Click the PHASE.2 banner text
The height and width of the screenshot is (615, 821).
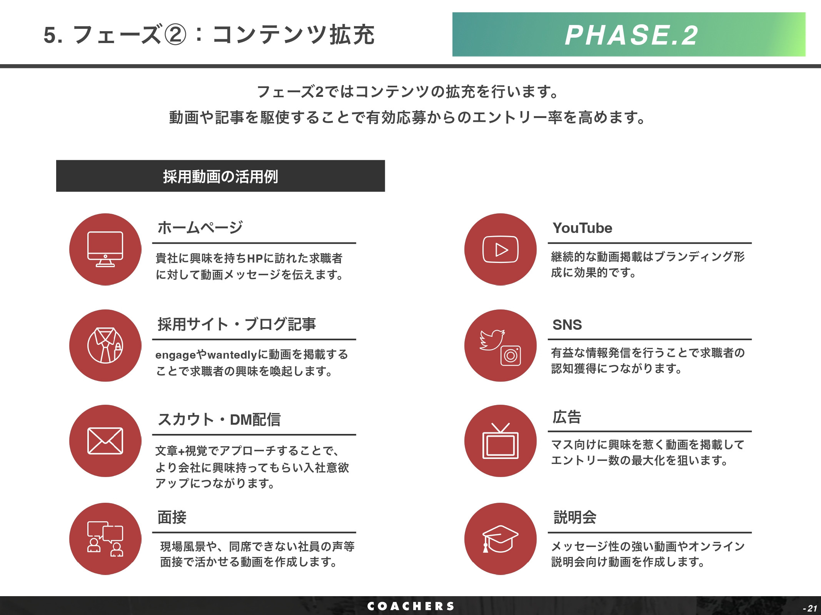(631, 35)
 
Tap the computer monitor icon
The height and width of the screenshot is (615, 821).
(105, 249)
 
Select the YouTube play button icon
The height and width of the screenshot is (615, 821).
(501, 249)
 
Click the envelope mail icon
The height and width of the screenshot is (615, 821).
(105, 441)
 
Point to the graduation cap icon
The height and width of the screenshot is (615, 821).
(500, 539)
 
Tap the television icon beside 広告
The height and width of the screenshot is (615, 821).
(501, 441)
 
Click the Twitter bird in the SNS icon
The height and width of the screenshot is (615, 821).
(492, 340)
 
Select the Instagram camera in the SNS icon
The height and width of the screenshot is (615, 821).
(511, 356)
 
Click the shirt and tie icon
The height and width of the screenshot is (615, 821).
(105, 345)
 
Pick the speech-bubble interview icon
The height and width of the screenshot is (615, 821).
(105, 539)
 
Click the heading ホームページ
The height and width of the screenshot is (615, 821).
(200, 228)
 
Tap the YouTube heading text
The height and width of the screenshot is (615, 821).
(582, 228)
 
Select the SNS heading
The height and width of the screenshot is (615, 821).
(567, 325)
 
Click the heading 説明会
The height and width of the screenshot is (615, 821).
(575, 517)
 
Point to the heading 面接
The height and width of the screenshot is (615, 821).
(172, 517)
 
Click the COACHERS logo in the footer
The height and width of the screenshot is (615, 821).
(410, 606)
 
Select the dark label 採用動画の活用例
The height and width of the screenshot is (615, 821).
(220, 176)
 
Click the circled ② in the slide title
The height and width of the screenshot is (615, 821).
(175, 35)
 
